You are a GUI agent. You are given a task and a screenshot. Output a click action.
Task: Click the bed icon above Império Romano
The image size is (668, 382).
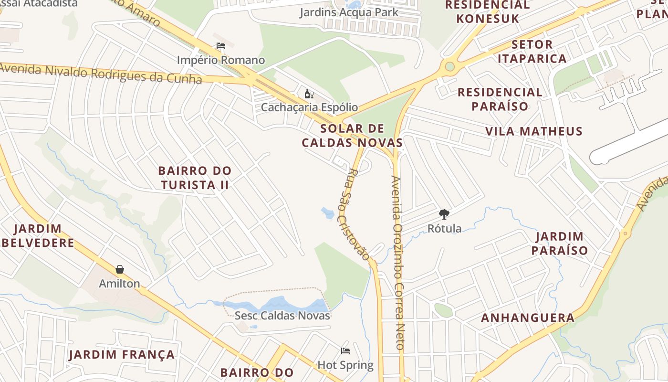(x=220, y=46)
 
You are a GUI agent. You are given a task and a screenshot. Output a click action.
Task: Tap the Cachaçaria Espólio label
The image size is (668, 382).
(x=309, y=107)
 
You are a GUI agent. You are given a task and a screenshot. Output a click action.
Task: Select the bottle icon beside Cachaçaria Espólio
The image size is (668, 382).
(x=309, y=94)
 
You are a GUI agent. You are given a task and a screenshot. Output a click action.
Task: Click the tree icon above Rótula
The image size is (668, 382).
(x=444, y=214)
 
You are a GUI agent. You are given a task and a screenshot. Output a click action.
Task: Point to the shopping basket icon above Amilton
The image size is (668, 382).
(x=119, y=270)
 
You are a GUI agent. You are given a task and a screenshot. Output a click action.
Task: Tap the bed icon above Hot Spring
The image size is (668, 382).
(x=345, y=351)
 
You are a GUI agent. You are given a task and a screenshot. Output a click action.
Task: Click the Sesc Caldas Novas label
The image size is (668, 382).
(x=282, y=316)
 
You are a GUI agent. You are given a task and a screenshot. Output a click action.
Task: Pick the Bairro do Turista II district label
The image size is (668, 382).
(x=195, y=178)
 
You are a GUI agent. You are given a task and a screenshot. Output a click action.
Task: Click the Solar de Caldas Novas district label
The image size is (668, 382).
(x=352, y=136)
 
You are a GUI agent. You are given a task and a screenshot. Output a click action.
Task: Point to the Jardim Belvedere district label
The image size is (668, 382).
(x=38, y=235)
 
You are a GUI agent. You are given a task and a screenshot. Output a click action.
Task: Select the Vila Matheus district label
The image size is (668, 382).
(x=534, y=131)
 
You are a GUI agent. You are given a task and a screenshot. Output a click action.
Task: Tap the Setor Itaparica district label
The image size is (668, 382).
(x=532, y=52)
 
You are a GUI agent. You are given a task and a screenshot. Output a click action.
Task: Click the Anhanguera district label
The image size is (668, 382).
(x=528, y=318)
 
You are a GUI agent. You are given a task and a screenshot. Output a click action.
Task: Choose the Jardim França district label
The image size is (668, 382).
(x=122, y=355)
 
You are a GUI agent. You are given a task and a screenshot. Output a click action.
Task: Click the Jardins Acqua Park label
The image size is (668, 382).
(x=349, y=12)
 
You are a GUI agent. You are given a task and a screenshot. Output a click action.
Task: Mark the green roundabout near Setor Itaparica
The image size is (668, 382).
(x=449, y=66)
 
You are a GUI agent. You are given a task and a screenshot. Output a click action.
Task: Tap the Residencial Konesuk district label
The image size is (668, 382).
(x=487, y=12)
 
